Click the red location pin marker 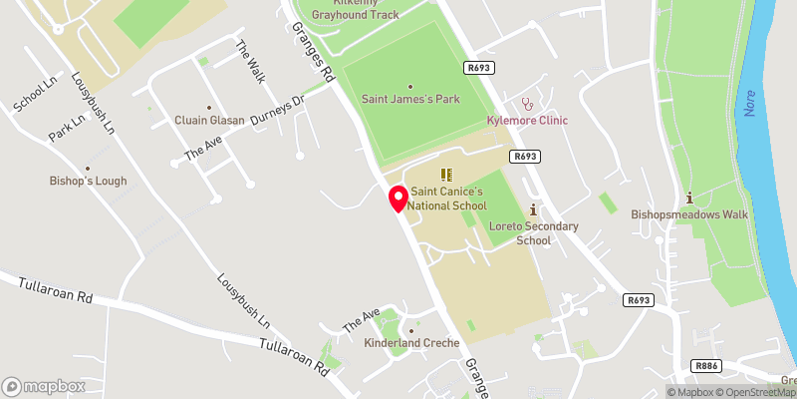(x=398, y=199)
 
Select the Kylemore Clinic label (x=526, y=121)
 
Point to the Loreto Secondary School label (x=534, y=233)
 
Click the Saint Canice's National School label (x=446, y=198)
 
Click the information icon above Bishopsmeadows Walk (x=688, y=197)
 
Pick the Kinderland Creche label (x=411, y=343)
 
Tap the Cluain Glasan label (x=208, y=121)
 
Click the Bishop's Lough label (x=88, y=182)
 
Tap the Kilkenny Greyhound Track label (x=354, y=9)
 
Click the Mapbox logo (x=44, y=386)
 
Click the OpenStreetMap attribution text (x=754, y=391)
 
